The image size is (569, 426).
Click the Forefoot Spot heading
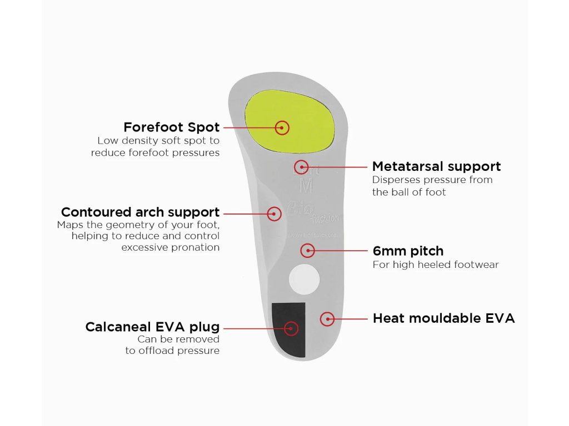click(171, 127)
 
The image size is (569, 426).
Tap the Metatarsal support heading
click(436, 166)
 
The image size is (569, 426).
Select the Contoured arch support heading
click(140, 212)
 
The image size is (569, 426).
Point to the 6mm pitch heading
click(408, 251)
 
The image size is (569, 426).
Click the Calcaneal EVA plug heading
click(152, 327)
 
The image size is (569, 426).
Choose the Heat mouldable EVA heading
click(443, 318)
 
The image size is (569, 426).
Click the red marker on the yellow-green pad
click(282, 128)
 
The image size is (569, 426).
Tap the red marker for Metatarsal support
click(301, 166)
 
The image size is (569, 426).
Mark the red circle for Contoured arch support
click(274, 214)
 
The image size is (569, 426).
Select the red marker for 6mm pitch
click(307, 251)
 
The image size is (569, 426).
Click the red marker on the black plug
click(291, 328)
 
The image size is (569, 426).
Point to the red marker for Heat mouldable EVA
click(328, 319)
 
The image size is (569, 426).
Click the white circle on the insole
click(304, 278)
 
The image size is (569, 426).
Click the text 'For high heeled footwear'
click(436, 265)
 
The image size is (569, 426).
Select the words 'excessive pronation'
click(171, 247)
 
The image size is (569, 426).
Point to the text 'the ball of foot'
click(409, 192)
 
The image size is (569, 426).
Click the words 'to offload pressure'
click(172, 351)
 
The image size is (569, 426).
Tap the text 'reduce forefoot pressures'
click(155, 153)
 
